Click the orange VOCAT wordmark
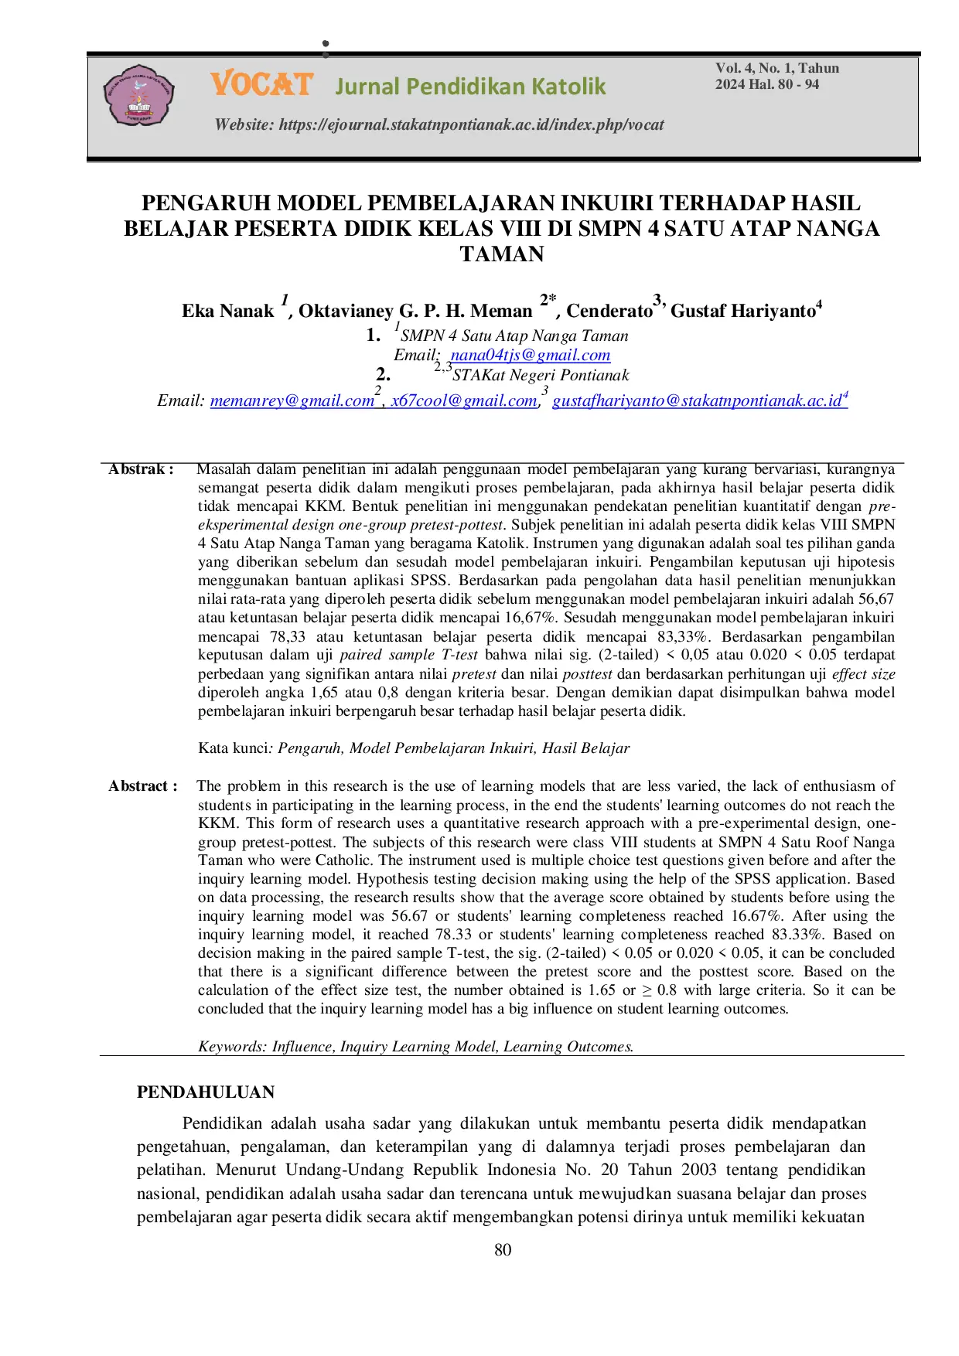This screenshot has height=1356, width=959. click(261, 84)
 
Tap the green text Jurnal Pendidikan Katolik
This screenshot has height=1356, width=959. click(470, 86)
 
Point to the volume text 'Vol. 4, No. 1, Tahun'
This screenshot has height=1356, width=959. click(776, 68)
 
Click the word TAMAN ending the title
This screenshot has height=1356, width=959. click(502, 254)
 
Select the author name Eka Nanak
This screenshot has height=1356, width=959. click(227, 311)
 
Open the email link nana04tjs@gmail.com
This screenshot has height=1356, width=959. click(531, 355)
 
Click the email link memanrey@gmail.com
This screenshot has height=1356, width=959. click(292, 400)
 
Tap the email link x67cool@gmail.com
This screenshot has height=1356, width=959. click(463, 400)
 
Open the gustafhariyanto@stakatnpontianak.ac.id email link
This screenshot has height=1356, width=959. click(697, 400)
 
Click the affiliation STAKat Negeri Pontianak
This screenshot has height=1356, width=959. click(541, 376)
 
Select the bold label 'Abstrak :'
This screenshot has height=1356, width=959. click(141, 469)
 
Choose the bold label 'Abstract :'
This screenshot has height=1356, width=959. click(142, 786)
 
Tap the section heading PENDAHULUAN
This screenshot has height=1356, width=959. click(206, 1092)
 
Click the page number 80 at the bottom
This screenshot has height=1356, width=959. click(503, 1250)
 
